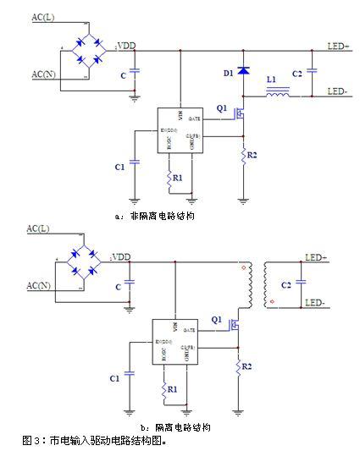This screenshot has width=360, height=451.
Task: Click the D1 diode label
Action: pyautogui.click(x=228, y=74)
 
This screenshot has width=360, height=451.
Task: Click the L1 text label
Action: pyautogui.click(x=271, y=80)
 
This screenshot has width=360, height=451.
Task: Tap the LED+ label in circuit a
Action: pyautogui.click(x=339, y=47)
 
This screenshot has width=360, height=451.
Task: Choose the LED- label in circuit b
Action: pyautogui.click(x=315, y=302)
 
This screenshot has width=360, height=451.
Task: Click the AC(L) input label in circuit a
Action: pyautogui.click(x=45, y=18)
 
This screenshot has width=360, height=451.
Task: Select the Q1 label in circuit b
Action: pyautogui.click(x=217, y=320)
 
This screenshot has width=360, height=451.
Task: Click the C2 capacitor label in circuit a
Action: pyautogui.click(x=296, y=74)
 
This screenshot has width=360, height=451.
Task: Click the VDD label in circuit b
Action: pyautogui.click(x=121, y=256)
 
